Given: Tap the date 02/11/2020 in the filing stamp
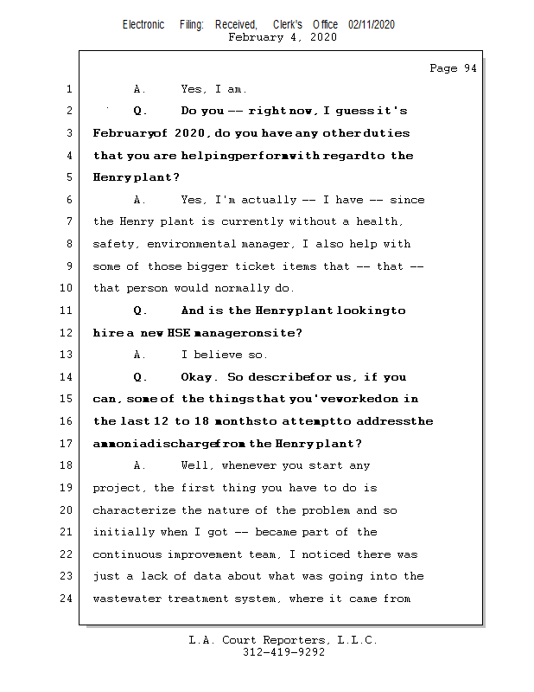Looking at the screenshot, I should (372, 24).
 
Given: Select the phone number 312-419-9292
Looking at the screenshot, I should (283, 652).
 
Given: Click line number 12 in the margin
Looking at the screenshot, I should (67, 333).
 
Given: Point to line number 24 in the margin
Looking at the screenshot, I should (67, 599).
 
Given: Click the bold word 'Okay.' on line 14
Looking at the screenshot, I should (199, 377).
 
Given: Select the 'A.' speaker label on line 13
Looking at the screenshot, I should (140, 355).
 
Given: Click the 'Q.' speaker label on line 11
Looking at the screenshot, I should (140, 311).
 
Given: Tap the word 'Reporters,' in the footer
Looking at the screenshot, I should (285, 640).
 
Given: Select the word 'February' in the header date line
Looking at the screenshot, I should (256, 37).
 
